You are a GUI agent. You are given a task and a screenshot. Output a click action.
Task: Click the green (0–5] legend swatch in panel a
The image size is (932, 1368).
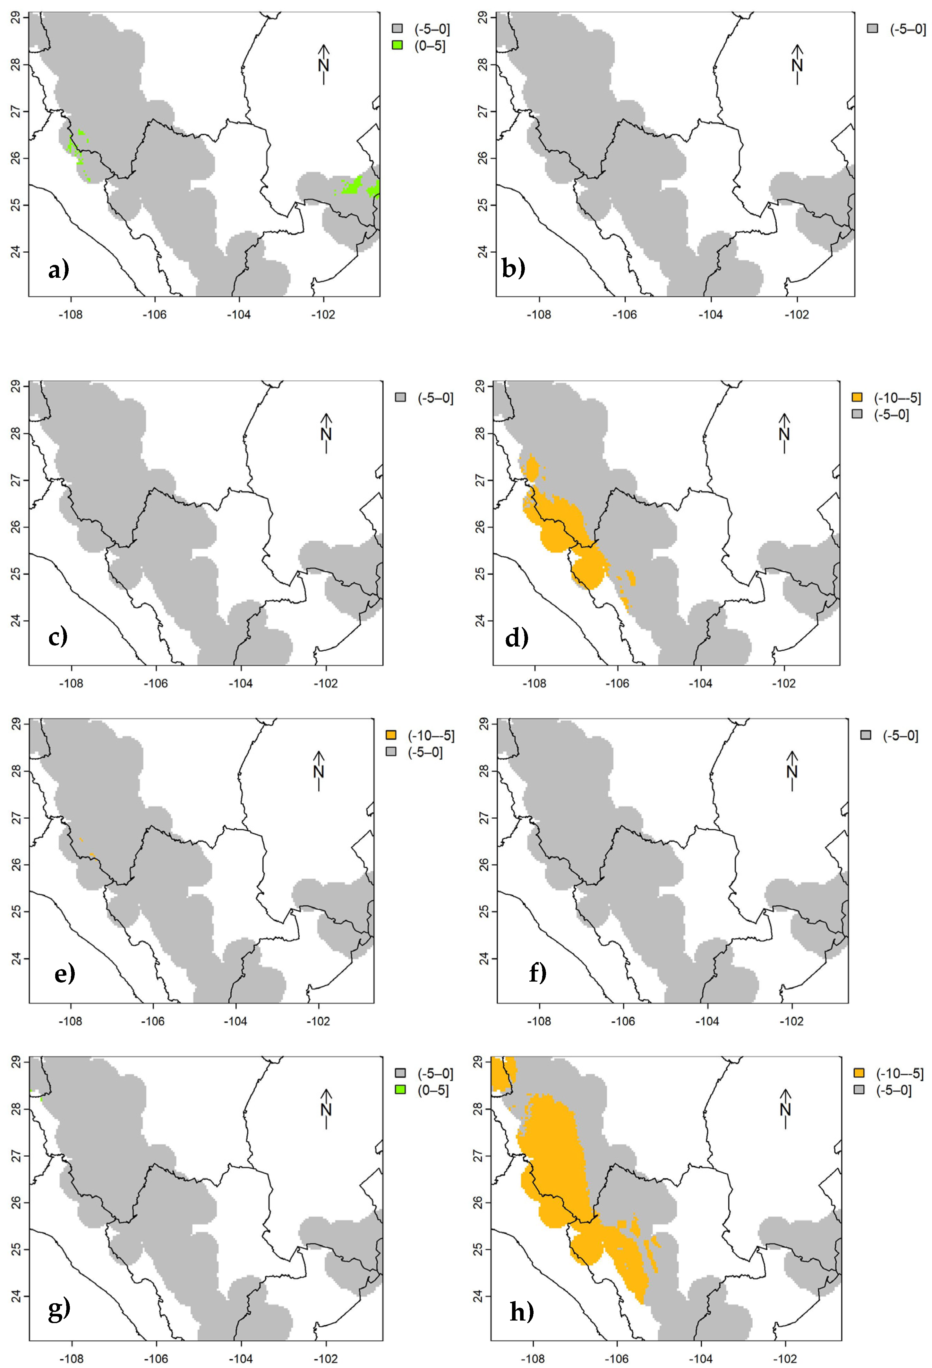(x=398, y=46)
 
